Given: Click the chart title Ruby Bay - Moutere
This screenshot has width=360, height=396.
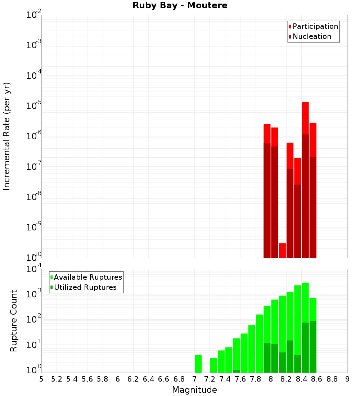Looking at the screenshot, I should [x=180, y=6].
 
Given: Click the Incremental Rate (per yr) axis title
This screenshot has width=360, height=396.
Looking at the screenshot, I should [x=7, y=136].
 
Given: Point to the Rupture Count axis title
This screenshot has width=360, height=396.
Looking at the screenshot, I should [x=14, y=320].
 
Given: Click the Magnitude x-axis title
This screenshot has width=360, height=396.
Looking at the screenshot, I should [x=194, y=390].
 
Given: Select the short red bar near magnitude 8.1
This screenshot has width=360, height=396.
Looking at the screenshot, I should [x=282, y=250].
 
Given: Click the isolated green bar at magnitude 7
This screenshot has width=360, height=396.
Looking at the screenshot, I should [x=198, y=364].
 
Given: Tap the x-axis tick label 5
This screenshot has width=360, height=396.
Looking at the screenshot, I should [x=41, y=379].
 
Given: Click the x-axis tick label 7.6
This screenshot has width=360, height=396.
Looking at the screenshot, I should [x=240, y=379].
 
